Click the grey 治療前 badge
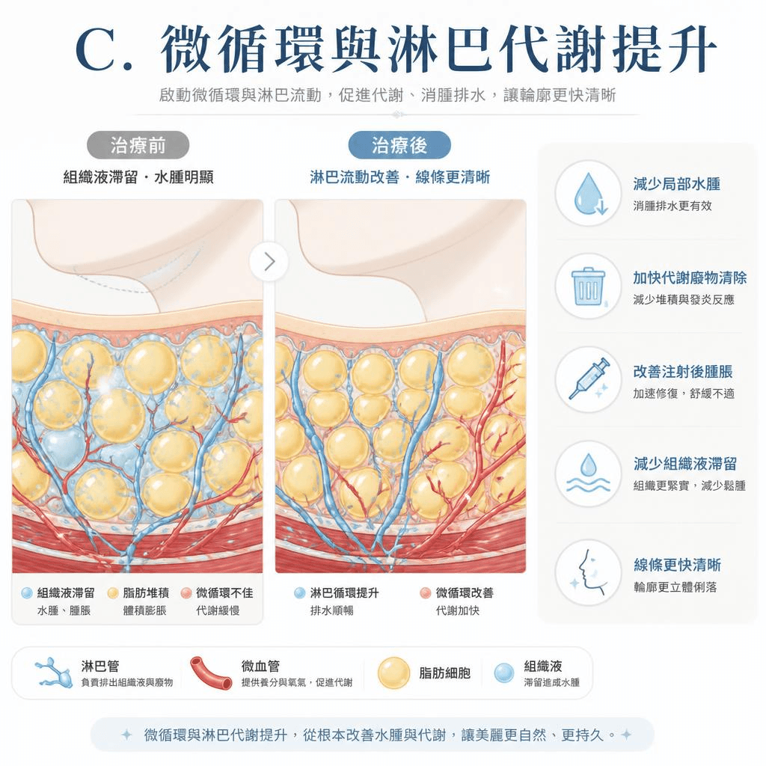(x=138, y=145)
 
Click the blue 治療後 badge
(x=399, y=145)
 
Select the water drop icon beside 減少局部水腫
(x=589, y=194)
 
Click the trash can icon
(x=589, y=287)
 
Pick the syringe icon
(x=589, y=379)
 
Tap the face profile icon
(x=589, y=572)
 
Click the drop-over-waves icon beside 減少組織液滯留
(x=589, y=473)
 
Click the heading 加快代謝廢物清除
(x=690, y=278)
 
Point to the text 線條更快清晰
(x=677, y=565)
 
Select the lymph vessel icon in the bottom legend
(x=54, y=672)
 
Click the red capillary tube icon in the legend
(x=211, y=672)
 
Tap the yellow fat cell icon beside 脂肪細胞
(x=393, y=673)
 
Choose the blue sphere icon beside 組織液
(x=504, y=672)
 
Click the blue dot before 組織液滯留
(x=27, y=593)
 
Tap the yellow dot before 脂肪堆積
(x=113, y=593)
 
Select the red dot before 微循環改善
(x=426, y=593)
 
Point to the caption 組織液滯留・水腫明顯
(x=138, y=177)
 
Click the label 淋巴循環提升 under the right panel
(x=344, y=593)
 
